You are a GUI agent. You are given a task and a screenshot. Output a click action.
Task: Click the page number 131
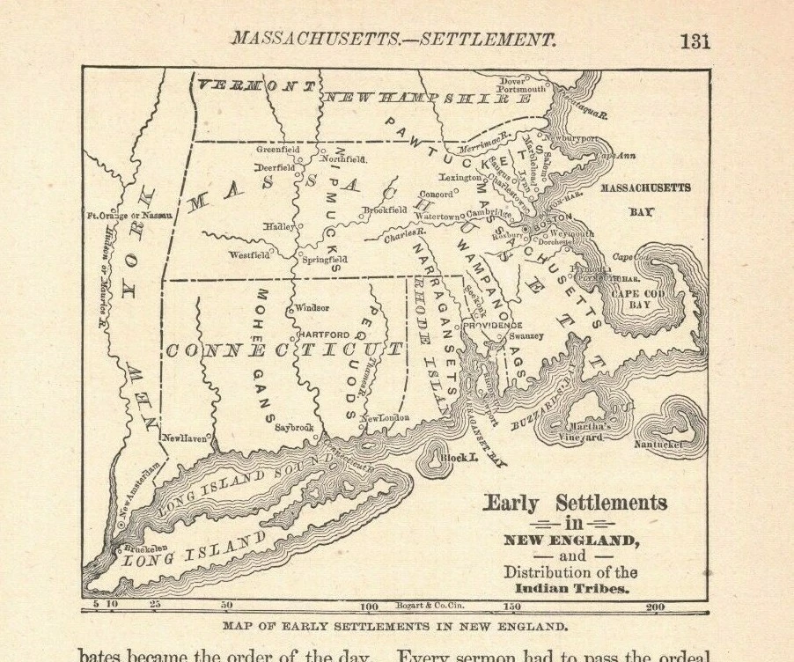coord(694,40)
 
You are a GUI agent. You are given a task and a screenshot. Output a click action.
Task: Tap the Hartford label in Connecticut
coord(323,335)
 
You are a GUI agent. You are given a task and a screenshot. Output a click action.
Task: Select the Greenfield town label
coord(278,150)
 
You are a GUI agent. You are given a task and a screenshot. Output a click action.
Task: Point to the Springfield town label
coord(325,260)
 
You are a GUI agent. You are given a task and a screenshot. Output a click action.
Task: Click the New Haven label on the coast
coord(184,437)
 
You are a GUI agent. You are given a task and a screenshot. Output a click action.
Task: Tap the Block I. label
coord(459,459)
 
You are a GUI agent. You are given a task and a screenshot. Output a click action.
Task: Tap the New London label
coord(386,417)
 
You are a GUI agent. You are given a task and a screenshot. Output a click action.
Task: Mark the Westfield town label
coord(249,256)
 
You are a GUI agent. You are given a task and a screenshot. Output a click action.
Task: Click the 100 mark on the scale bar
coord(368,607)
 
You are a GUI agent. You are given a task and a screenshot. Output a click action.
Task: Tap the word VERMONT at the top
coord(256,85)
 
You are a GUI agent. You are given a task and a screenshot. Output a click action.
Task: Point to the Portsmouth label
coord(521,89)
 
